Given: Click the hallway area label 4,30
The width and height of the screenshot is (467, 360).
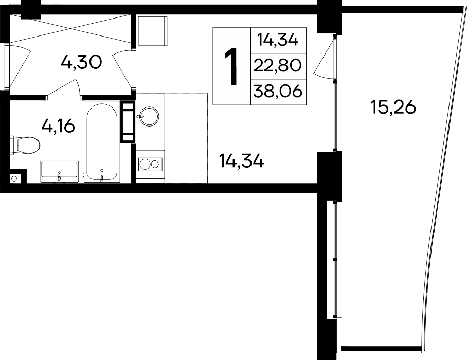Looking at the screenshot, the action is pyautogui.click(x=81, y=63).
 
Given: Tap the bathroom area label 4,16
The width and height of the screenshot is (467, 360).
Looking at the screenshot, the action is pyautogui.click(x=58, y=126).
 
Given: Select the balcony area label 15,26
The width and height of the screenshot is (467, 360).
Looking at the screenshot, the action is pyautogui.click(x=393, y=107).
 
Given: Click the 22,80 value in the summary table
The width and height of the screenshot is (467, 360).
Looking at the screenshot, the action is pyautogui.click(x=278, y=66).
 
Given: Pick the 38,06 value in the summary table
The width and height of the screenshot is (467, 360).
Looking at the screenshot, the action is pyautogui.click(x=278, y=91).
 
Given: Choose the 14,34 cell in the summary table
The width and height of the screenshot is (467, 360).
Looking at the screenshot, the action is pyautogui.click(x=278, y=40).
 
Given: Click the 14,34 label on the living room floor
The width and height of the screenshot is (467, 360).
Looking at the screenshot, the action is pyautogui.click(x=241, y=161).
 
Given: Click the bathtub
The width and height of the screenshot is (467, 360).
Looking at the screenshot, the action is pyautogui.click(x=102, y=142).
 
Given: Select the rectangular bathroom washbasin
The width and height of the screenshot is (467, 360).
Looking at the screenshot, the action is pyautogui.click(x=59, y=171).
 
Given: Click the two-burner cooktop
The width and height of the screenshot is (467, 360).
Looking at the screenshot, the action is pyautogui.click(x=150, y=164).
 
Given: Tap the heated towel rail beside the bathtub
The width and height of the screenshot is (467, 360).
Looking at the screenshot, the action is pyautogui.click(x=128, y=122).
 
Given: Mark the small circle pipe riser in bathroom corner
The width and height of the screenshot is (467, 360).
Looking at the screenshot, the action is pyautogui.click(x=14, y=178).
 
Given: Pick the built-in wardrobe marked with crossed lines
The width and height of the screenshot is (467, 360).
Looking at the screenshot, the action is pyautogui.click(x=70, y=29).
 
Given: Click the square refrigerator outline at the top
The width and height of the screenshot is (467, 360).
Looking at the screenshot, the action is pyautogui.click(x=152, y=31).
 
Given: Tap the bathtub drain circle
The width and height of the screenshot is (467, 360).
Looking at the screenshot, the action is pyautogui.click(x=102, y=171).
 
